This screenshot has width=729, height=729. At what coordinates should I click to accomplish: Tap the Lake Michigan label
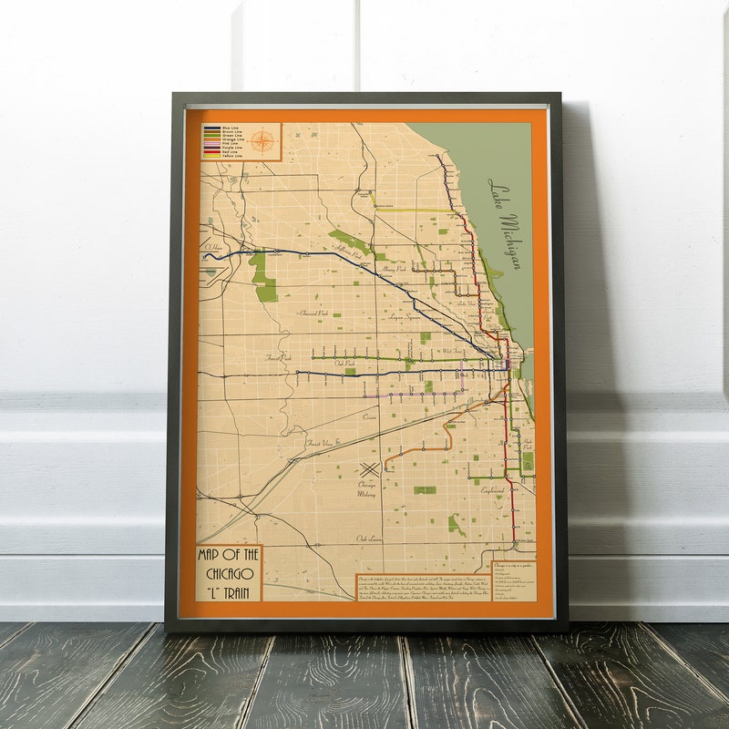[x=504, y=223]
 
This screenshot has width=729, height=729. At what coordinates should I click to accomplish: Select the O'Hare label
[x=214, y=246]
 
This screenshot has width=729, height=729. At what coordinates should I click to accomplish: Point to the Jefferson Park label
[x=347, y=249]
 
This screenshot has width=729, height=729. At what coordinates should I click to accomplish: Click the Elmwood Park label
[x=313, y=313]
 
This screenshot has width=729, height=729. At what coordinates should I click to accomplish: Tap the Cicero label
[x=369, y=416]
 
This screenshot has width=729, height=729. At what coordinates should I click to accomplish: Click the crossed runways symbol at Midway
[x=368, y=469]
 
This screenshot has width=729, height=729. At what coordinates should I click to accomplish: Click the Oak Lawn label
[x=368, y=538]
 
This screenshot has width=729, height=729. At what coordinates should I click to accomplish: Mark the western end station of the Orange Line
[x=385, y=469]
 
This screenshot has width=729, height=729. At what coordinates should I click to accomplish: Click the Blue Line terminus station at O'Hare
[x=206, y=257]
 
